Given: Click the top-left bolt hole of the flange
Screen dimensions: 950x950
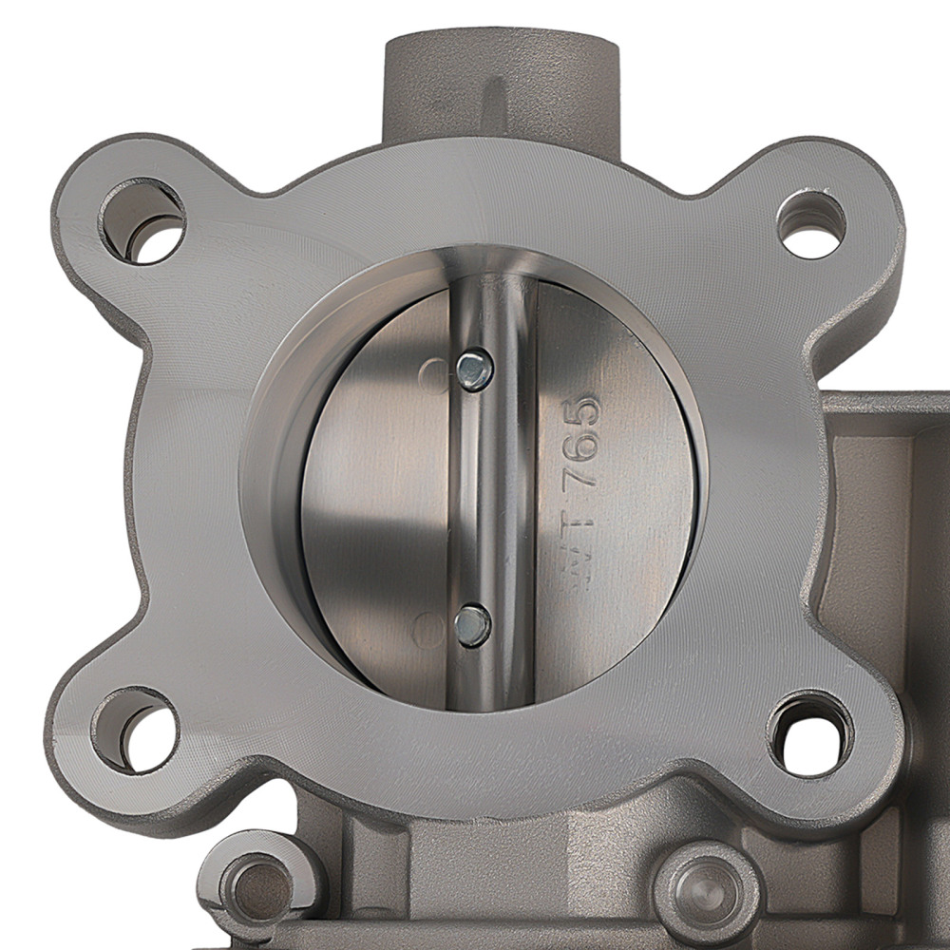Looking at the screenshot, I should [x=142, y=221].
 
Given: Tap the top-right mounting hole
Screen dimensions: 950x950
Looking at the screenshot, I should [x=810, y=224].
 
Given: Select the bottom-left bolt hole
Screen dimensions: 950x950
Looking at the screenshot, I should [x=135, y=730].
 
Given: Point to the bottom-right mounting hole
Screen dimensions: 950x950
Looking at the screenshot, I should [x=810, y=732].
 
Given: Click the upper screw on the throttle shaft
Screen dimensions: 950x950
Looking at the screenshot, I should [x=474, y=370].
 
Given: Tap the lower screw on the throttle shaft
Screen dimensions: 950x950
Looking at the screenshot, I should [x=472, y=625].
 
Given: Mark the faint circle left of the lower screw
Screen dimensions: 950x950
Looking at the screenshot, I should [x=430, y=628].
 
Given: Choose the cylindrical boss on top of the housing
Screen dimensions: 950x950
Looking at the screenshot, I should [x=501, y=85].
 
